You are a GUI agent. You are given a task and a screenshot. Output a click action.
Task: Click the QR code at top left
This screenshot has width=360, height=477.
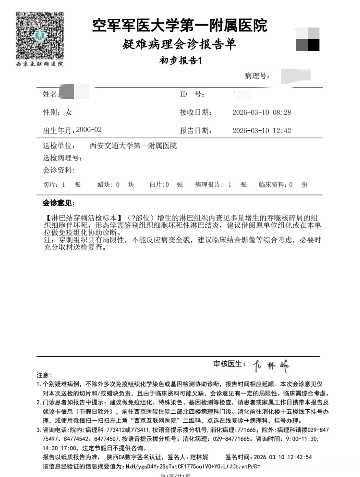pos(40,35)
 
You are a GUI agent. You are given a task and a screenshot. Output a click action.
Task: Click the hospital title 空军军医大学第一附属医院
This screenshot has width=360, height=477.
pos(180,25)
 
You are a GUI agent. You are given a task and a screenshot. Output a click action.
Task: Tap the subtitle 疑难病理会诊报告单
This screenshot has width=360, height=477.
pos(180,45)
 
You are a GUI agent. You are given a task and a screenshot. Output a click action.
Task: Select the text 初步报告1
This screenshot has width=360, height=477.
pos(180,61)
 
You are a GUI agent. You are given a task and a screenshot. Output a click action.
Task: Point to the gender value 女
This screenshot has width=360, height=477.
pos(69,112)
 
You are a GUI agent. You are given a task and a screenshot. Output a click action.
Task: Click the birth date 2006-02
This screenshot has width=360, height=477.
pos(89,130)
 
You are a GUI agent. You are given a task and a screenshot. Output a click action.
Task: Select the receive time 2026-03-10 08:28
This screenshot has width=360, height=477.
pos(261,112)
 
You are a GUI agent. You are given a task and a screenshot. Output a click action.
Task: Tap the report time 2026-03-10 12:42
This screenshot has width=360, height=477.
pos(261,131)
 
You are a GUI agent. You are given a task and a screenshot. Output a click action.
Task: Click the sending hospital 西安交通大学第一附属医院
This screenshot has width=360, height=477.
pos(133,146)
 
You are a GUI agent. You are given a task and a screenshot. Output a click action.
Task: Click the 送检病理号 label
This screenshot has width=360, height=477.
pos(62,158)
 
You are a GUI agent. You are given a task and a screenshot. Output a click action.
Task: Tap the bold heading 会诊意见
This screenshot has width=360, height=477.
pos(59,203)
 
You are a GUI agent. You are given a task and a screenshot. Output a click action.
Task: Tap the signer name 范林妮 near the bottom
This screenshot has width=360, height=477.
pos(199,457)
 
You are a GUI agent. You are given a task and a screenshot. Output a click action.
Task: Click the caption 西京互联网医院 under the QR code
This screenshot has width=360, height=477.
pos(40,64)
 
